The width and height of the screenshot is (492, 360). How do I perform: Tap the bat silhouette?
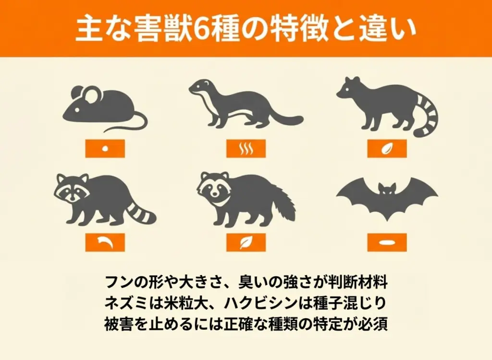pyautogui.click(x=387, y=201)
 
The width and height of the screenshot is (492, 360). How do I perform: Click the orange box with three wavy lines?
pyautogui.click(x=246, y=149)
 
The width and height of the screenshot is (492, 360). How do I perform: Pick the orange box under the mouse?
pyautogui.click(x=105, y=149)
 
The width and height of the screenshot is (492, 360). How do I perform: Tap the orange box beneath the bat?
pyautogui.click(x=387, y=242)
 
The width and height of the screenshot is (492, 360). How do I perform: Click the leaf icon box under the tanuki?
pyautogui.click(x=246, y=242)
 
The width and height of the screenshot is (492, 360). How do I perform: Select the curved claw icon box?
pyautogui.click(x=105, y=242)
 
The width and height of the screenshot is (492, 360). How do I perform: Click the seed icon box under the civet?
pyautogui.click(x=387, y=149)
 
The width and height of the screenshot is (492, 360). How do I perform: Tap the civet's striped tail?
pyautogui.click(x=429, y=116)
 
